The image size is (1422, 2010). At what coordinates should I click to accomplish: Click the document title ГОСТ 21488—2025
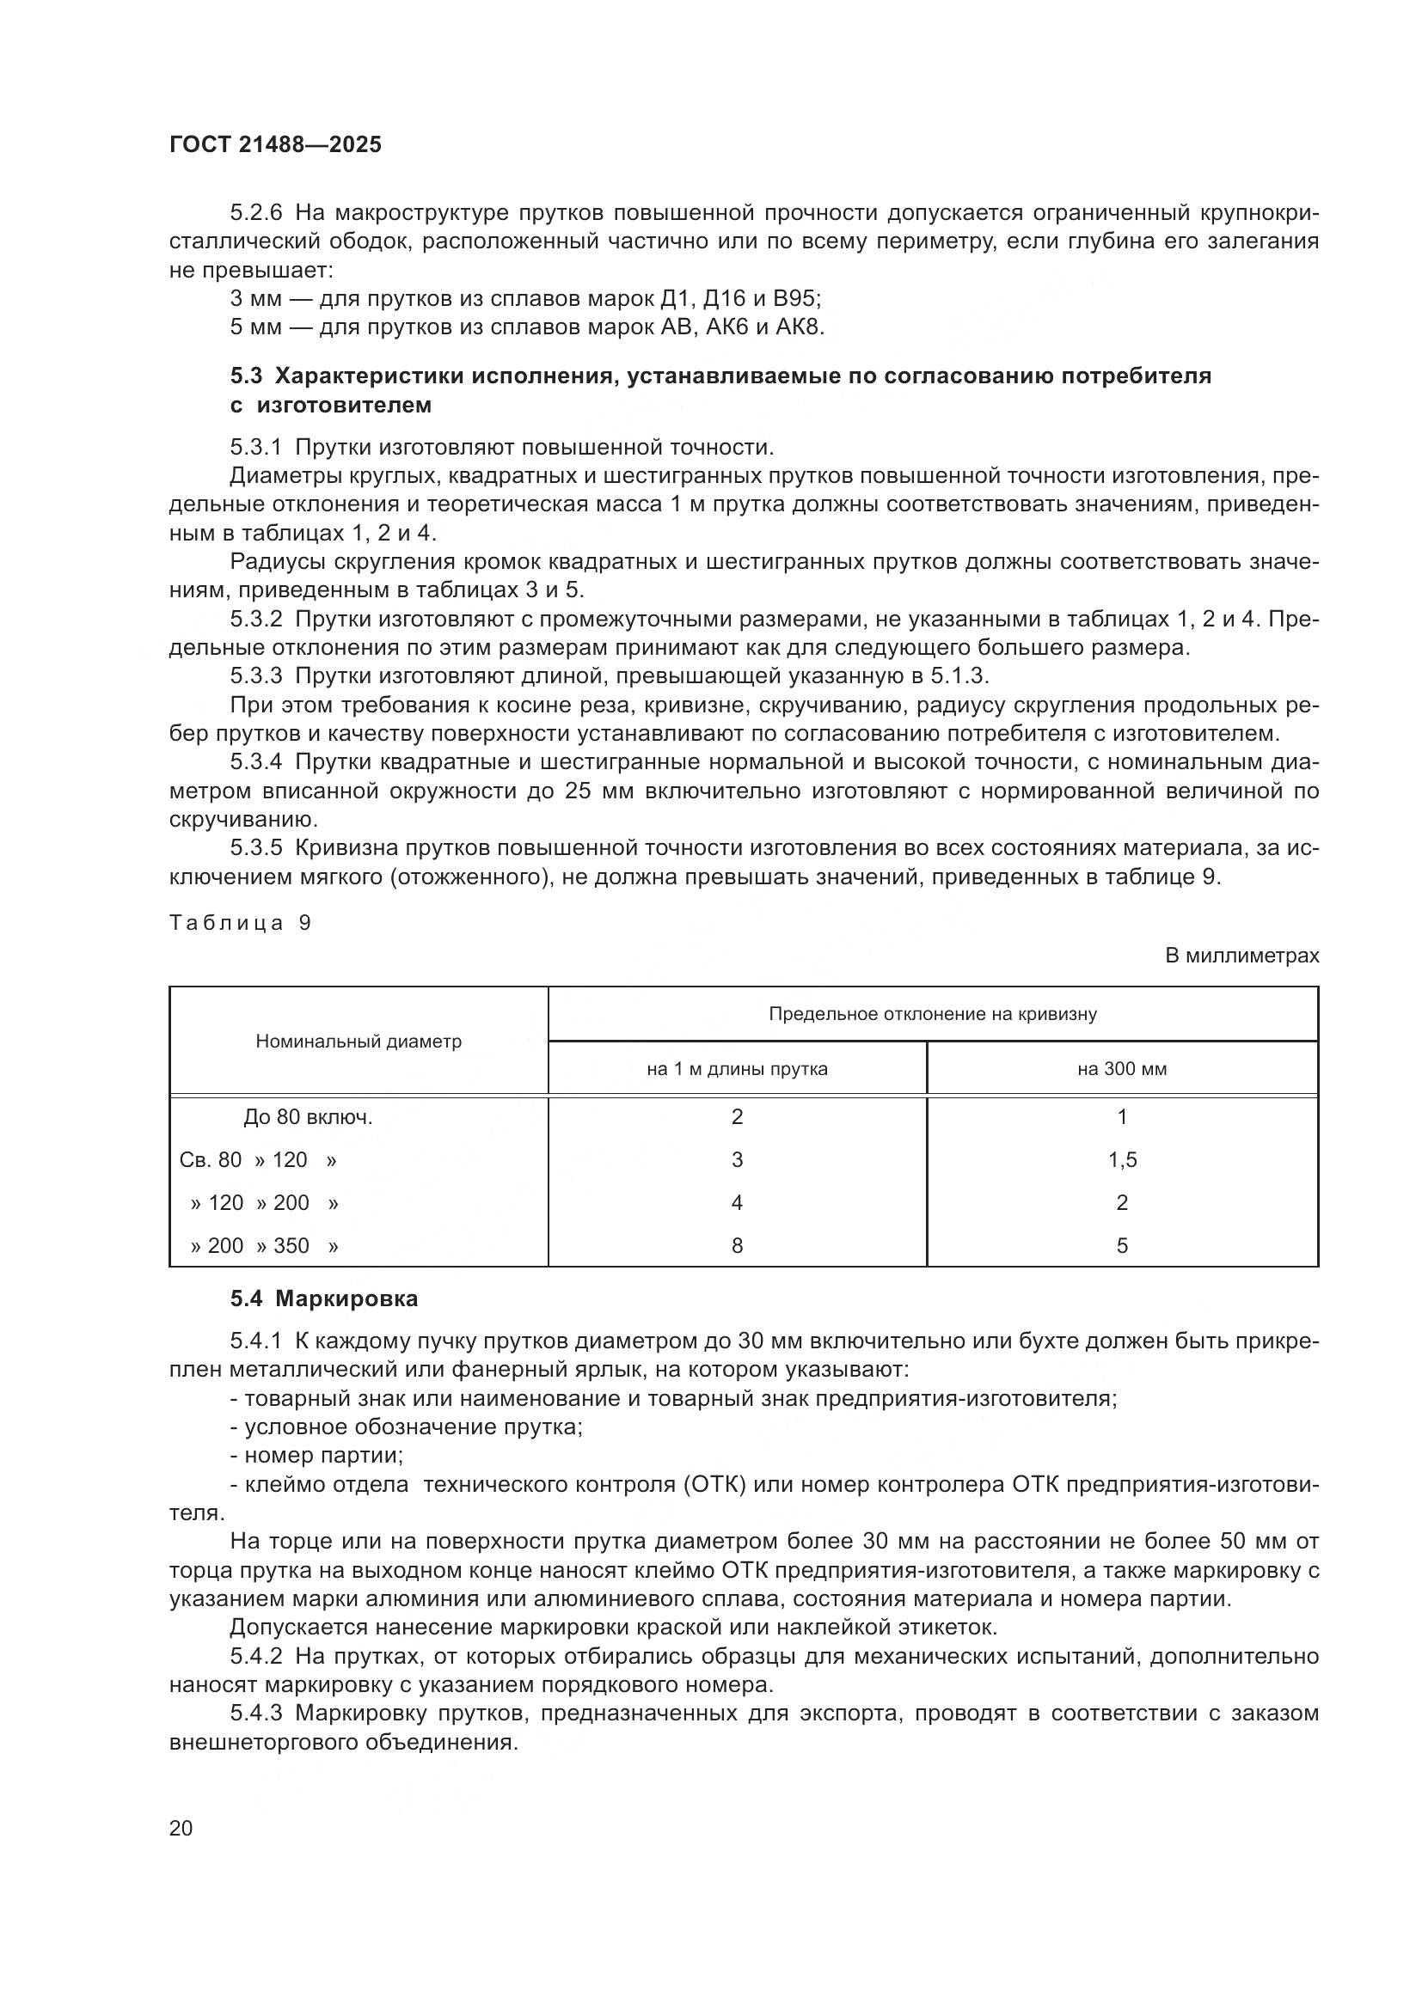click(275, 145)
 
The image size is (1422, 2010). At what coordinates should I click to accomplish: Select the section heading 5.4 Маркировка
click(324, 1298)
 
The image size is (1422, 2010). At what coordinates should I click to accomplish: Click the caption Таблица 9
click(240, 923)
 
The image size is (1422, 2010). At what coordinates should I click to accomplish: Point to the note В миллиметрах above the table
click(1241, 956)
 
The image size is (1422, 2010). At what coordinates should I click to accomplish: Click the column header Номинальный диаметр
click(359, 1041)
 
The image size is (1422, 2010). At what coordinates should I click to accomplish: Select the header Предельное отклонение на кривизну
click(933, 1014)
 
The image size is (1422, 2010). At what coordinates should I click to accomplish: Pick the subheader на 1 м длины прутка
click(737, 1069)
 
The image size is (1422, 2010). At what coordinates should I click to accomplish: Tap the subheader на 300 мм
click(1122, 1069)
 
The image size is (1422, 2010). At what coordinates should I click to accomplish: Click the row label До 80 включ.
click(309, 1117)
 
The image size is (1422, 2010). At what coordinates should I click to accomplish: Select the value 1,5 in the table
click(1122, 1160)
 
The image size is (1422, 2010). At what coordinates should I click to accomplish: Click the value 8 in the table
click(737, 1246)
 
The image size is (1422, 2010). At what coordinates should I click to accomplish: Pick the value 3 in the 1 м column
click(737, 1160)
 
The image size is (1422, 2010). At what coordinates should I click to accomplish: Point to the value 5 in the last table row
click(1122, 1246)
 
